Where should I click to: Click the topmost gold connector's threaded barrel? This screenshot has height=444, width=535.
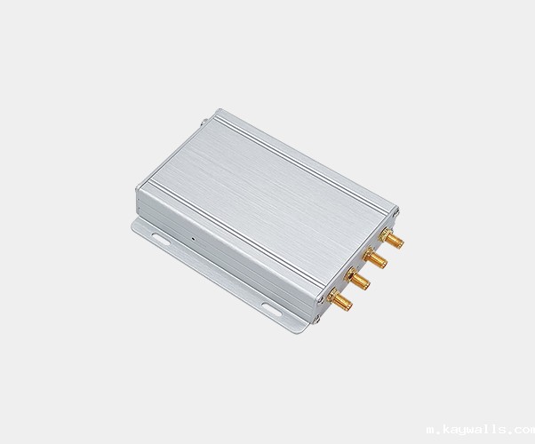pos(395,240)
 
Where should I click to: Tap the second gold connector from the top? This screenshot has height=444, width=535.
pos(374,258)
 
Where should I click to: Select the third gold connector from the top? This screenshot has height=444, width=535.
pos(357,279)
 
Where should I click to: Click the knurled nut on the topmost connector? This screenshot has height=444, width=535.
pos(386,234)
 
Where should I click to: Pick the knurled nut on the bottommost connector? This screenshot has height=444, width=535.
pos(332,296)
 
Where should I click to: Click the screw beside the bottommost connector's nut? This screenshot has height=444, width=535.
pos(321,299)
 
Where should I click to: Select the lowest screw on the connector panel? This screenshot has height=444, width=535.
pos(316,320)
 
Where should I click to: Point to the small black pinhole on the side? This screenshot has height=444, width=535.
pos(193,239)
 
